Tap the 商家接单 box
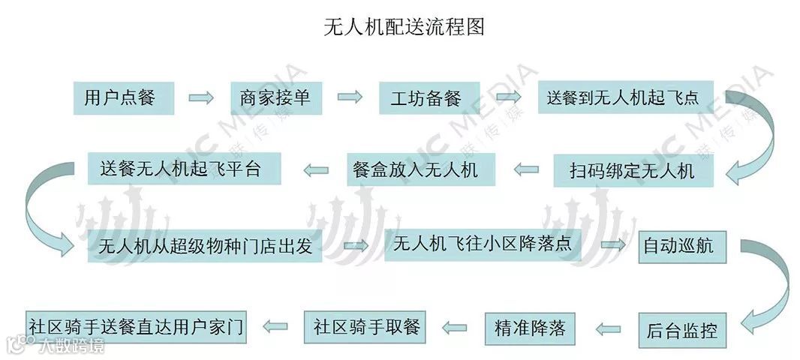pyautogui.click(x=275, y=97)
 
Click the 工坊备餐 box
pyautogui.click(x=426, y=98)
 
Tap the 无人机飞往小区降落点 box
pyautogui.click(x=483, y=245)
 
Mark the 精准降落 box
pyautogui.click(x=530, y=328)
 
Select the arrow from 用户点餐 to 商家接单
pyautogui.click(x=201, y=97)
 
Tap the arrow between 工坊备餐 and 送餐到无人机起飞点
pyautogui.click(x=509, y=97)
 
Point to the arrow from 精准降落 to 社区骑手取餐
pyautogui.click(x=456, y=327)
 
